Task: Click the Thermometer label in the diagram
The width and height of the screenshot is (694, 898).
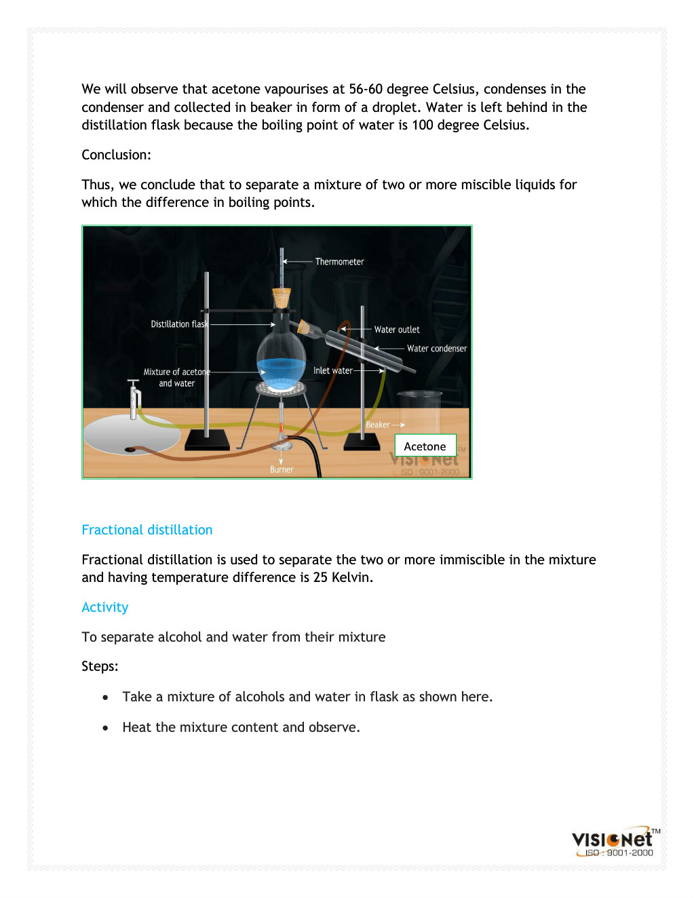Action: [339, 262]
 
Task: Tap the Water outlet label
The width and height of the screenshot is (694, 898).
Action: [397, 330]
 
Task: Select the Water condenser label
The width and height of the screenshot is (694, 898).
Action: [437, 349]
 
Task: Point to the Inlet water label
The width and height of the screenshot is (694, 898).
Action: [332, 371]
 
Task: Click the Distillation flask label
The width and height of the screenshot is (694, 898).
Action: [179, 324]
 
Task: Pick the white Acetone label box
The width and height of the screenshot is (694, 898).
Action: [425, 446]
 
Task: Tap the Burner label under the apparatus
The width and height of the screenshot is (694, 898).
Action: [282, 469]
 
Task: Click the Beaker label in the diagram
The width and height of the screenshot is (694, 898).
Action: [378, 425]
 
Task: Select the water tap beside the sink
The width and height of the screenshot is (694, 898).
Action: [134, 397]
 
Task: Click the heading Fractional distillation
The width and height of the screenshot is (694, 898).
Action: [147, 530]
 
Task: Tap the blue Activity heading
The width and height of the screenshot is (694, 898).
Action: [105, 607]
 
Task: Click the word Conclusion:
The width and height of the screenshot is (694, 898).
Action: [117, 155]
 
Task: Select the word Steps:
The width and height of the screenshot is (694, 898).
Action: [100, 666]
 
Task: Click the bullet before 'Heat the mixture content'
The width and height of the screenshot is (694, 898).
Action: [105, 728]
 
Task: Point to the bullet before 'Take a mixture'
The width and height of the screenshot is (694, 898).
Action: [105, 697]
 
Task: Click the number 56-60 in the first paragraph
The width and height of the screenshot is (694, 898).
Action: [366, 89]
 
